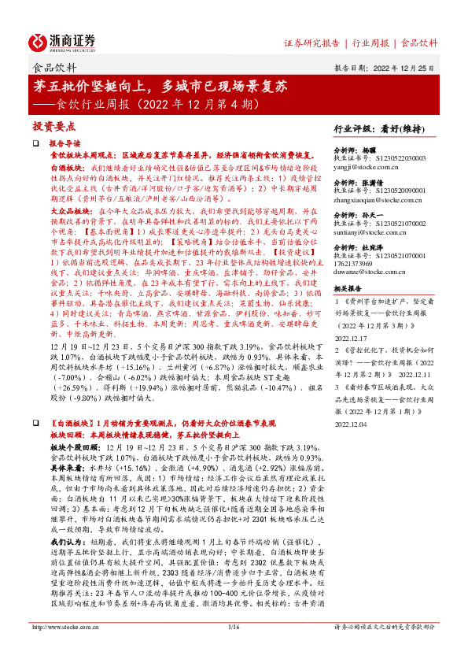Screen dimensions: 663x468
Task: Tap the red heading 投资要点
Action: (53, 126)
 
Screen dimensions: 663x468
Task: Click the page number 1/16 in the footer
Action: (233, 648)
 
